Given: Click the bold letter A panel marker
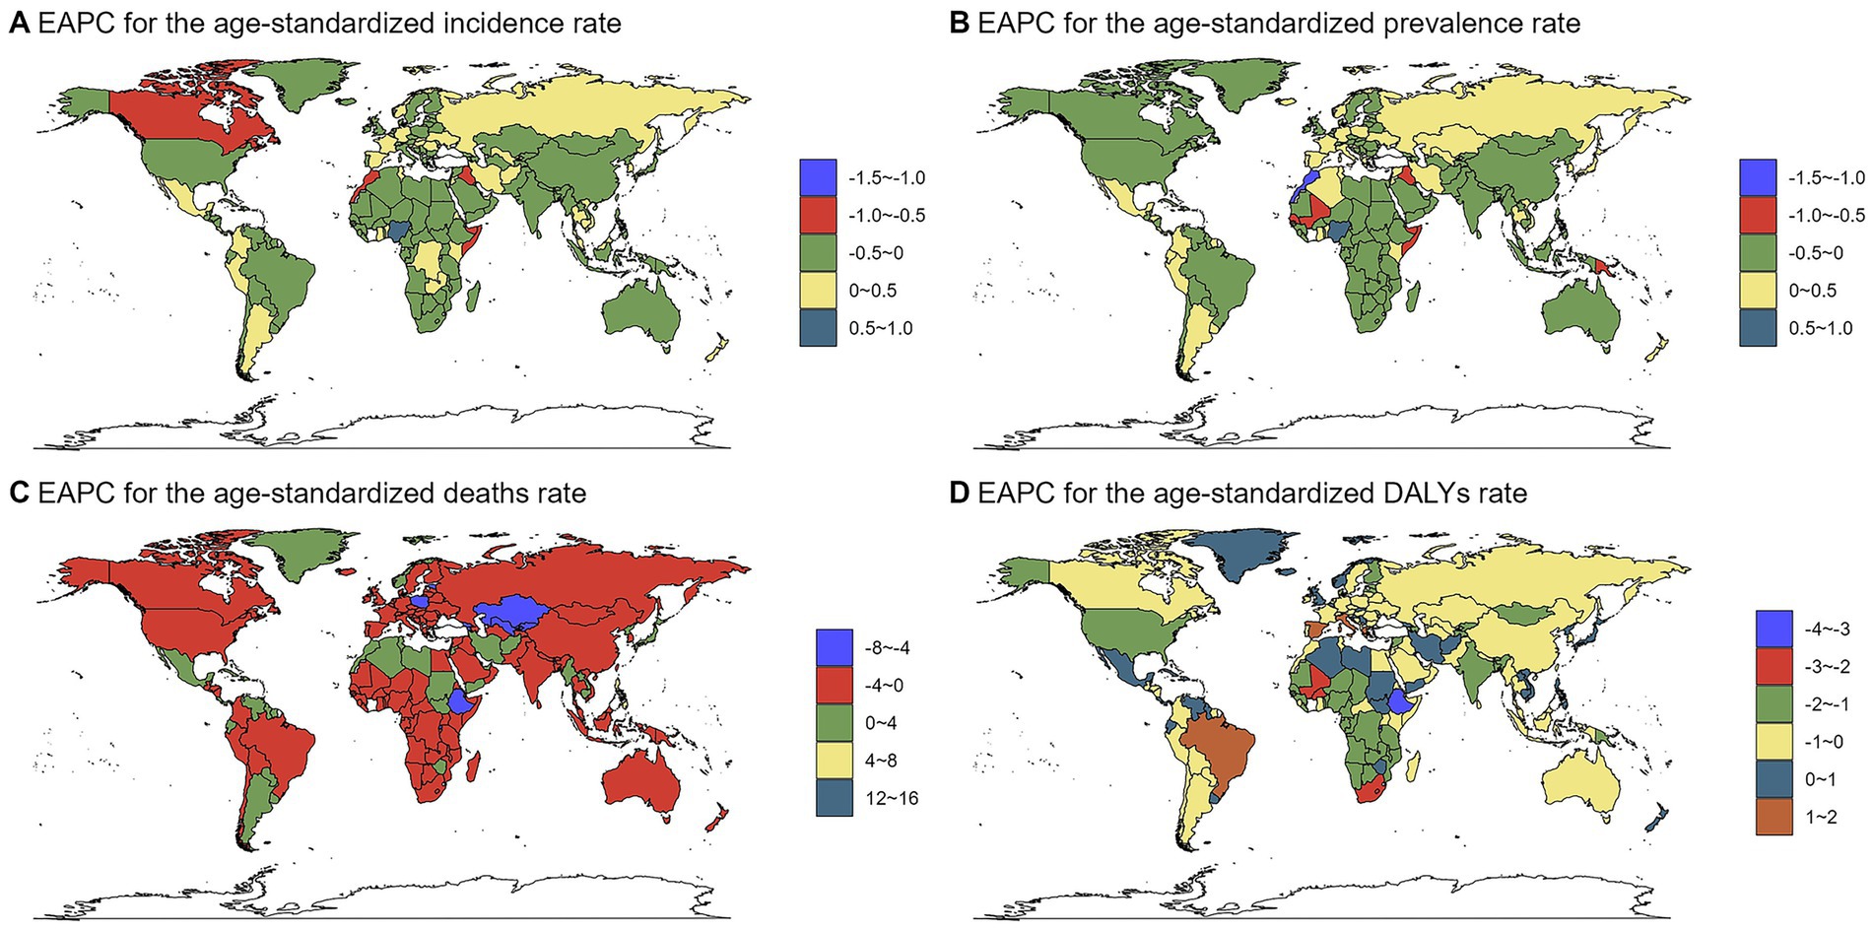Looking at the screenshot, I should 18,24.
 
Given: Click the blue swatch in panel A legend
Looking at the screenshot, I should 818,178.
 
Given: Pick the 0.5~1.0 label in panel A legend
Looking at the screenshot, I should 881,328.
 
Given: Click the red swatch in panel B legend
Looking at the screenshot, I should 1758,216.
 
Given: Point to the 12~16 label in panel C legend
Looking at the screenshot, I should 892,798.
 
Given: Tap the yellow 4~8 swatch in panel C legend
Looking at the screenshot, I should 834,761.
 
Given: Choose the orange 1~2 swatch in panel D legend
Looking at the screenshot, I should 1774,817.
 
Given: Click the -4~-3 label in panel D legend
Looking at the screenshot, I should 1821,630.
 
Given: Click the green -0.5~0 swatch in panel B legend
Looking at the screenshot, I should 1758,253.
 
